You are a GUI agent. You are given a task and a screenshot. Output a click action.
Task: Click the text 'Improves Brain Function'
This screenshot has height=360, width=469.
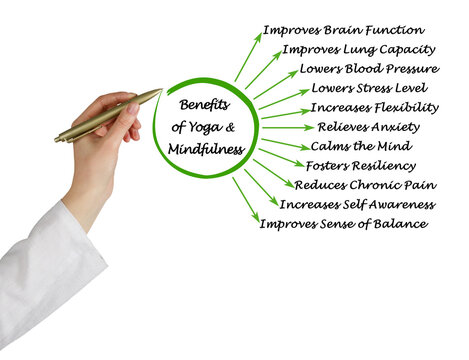click(x=343, y=30)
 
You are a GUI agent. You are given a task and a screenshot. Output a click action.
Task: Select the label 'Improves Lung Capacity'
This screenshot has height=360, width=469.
click(x=358, y=49)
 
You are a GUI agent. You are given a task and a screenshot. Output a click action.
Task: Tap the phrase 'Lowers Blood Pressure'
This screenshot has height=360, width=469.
click(x=368, y=69)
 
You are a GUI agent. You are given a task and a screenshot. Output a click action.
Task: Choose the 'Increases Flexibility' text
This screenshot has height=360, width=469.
click(x=374, y=108)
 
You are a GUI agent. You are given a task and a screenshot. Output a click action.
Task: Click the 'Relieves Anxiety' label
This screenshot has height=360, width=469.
click(x=368, y=127)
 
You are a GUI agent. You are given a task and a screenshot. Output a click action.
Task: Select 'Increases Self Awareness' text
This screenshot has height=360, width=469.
click(x=357, y=204)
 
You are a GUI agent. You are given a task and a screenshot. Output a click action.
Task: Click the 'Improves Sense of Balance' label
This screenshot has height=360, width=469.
click(x=343, y=224)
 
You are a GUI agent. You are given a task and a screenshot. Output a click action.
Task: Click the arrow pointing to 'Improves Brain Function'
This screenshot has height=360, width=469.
click(x=248, y=57)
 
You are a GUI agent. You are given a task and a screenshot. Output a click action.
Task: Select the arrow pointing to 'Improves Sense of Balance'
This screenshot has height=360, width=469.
click(x=246, y=199)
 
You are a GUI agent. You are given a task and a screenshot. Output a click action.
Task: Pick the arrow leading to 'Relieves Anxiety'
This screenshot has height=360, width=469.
click(x=286, y=128)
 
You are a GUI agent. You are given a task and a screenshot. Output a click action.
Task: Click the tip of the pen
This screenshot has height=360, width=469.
click(x=159, y=91)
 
